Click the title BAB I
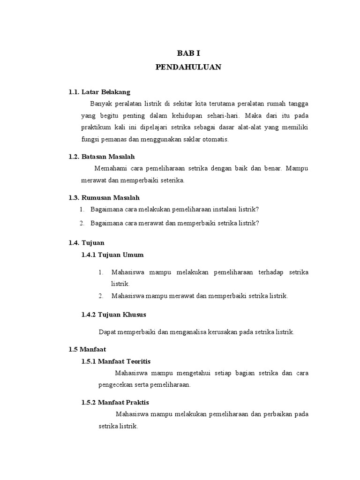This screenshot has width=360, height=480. pyautogui.click(x=188, y=54)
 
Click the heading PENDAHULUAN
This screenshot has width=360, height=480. pyautogui.click(x=188, y=67)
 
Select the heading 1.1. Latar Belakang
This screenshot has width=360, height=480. pyautogui.click(x=99, y=92)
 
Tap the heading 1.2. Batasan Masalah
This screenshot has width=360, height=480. pyautogui.click(x=101, y=157)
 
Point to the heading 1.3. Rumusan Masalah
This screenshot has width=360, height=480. pyautogui.click(x=104, y=198)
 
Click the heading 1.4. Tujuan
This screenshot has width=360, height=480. pyautogui.click(x=86, y=243)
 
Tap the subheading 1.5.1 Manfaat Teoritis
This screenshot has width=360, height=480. pyautogui.click(x=116, y=361)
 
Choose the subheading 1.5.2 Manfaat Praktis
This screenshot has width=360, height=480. pyautogui.click(x=115, y=403)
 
